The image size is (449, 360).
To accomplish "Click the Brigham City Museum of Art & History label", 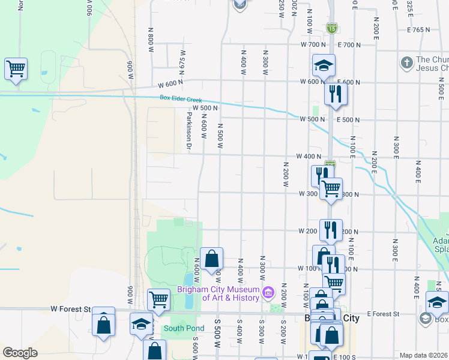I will (218, 293).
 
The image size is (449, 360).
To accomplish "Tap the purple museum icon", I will (268, 293).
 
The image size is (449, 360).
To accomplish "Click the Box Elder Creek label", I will (181, 98).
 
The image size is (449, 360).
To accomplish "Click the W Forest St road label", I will (70, 310).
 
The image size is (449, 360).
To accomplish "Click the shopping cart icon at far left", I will (16, 68).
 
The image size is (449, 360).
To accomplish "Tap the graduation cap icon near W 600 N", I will (324, 65).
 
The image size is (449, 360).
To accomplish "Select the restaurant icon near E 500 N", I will (336, 94).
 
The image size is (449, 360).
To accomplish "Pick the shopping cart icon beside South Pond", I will (158, 299).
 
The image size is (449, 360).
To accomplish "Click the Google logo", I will (20, 353).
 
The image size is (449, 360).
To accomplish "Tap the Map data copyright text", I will (423, 355).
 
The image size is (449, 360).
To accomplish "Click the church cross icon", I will (406, 62).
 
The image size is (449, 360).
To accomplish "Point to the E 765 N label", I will (419, 29).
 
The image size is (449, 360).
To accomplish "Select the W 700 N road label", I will (313, 45).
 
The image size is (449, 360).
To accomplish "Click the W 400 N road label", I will (309, 157).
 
